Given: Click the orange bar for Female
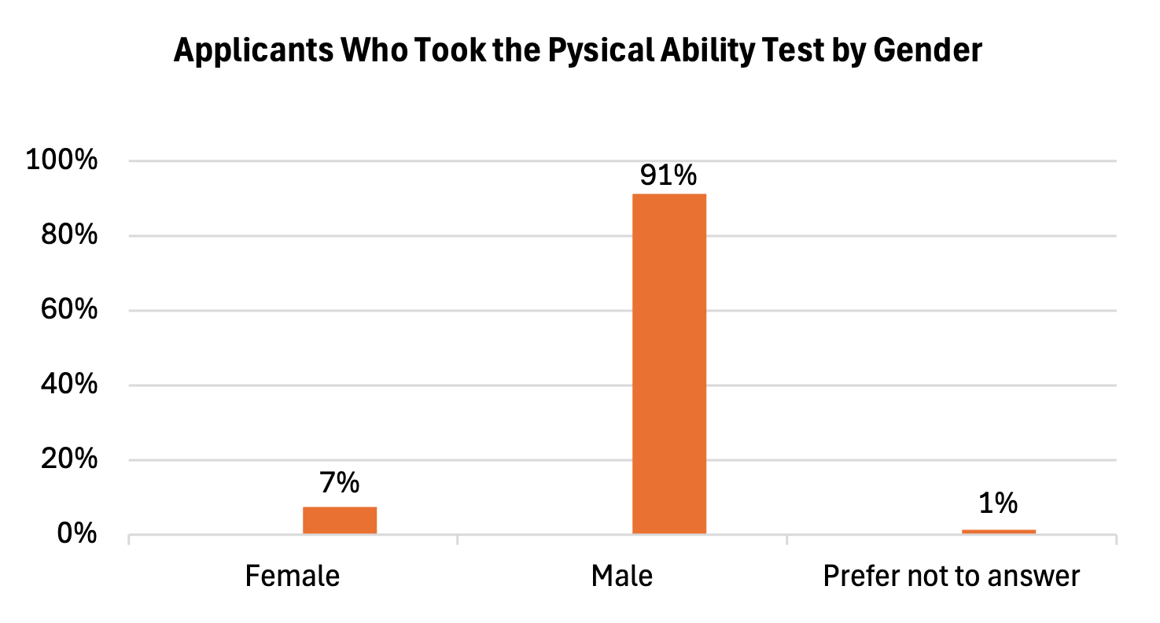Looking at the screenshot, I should [340, 520].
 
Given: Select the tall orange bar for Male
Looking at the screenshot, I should [669, 363].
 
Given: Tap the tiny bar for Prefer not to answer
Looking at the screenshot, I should [998, 532].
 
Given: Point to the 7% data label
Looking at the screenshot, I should [340, 481].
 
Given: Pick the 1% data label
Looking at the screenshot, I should [999, 503].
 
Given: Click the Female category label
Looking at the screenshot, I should [293, 576].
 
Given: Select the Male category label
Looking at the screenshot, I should [622, 576].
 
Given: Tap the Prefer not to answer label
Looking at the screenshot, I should [952, 576].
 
